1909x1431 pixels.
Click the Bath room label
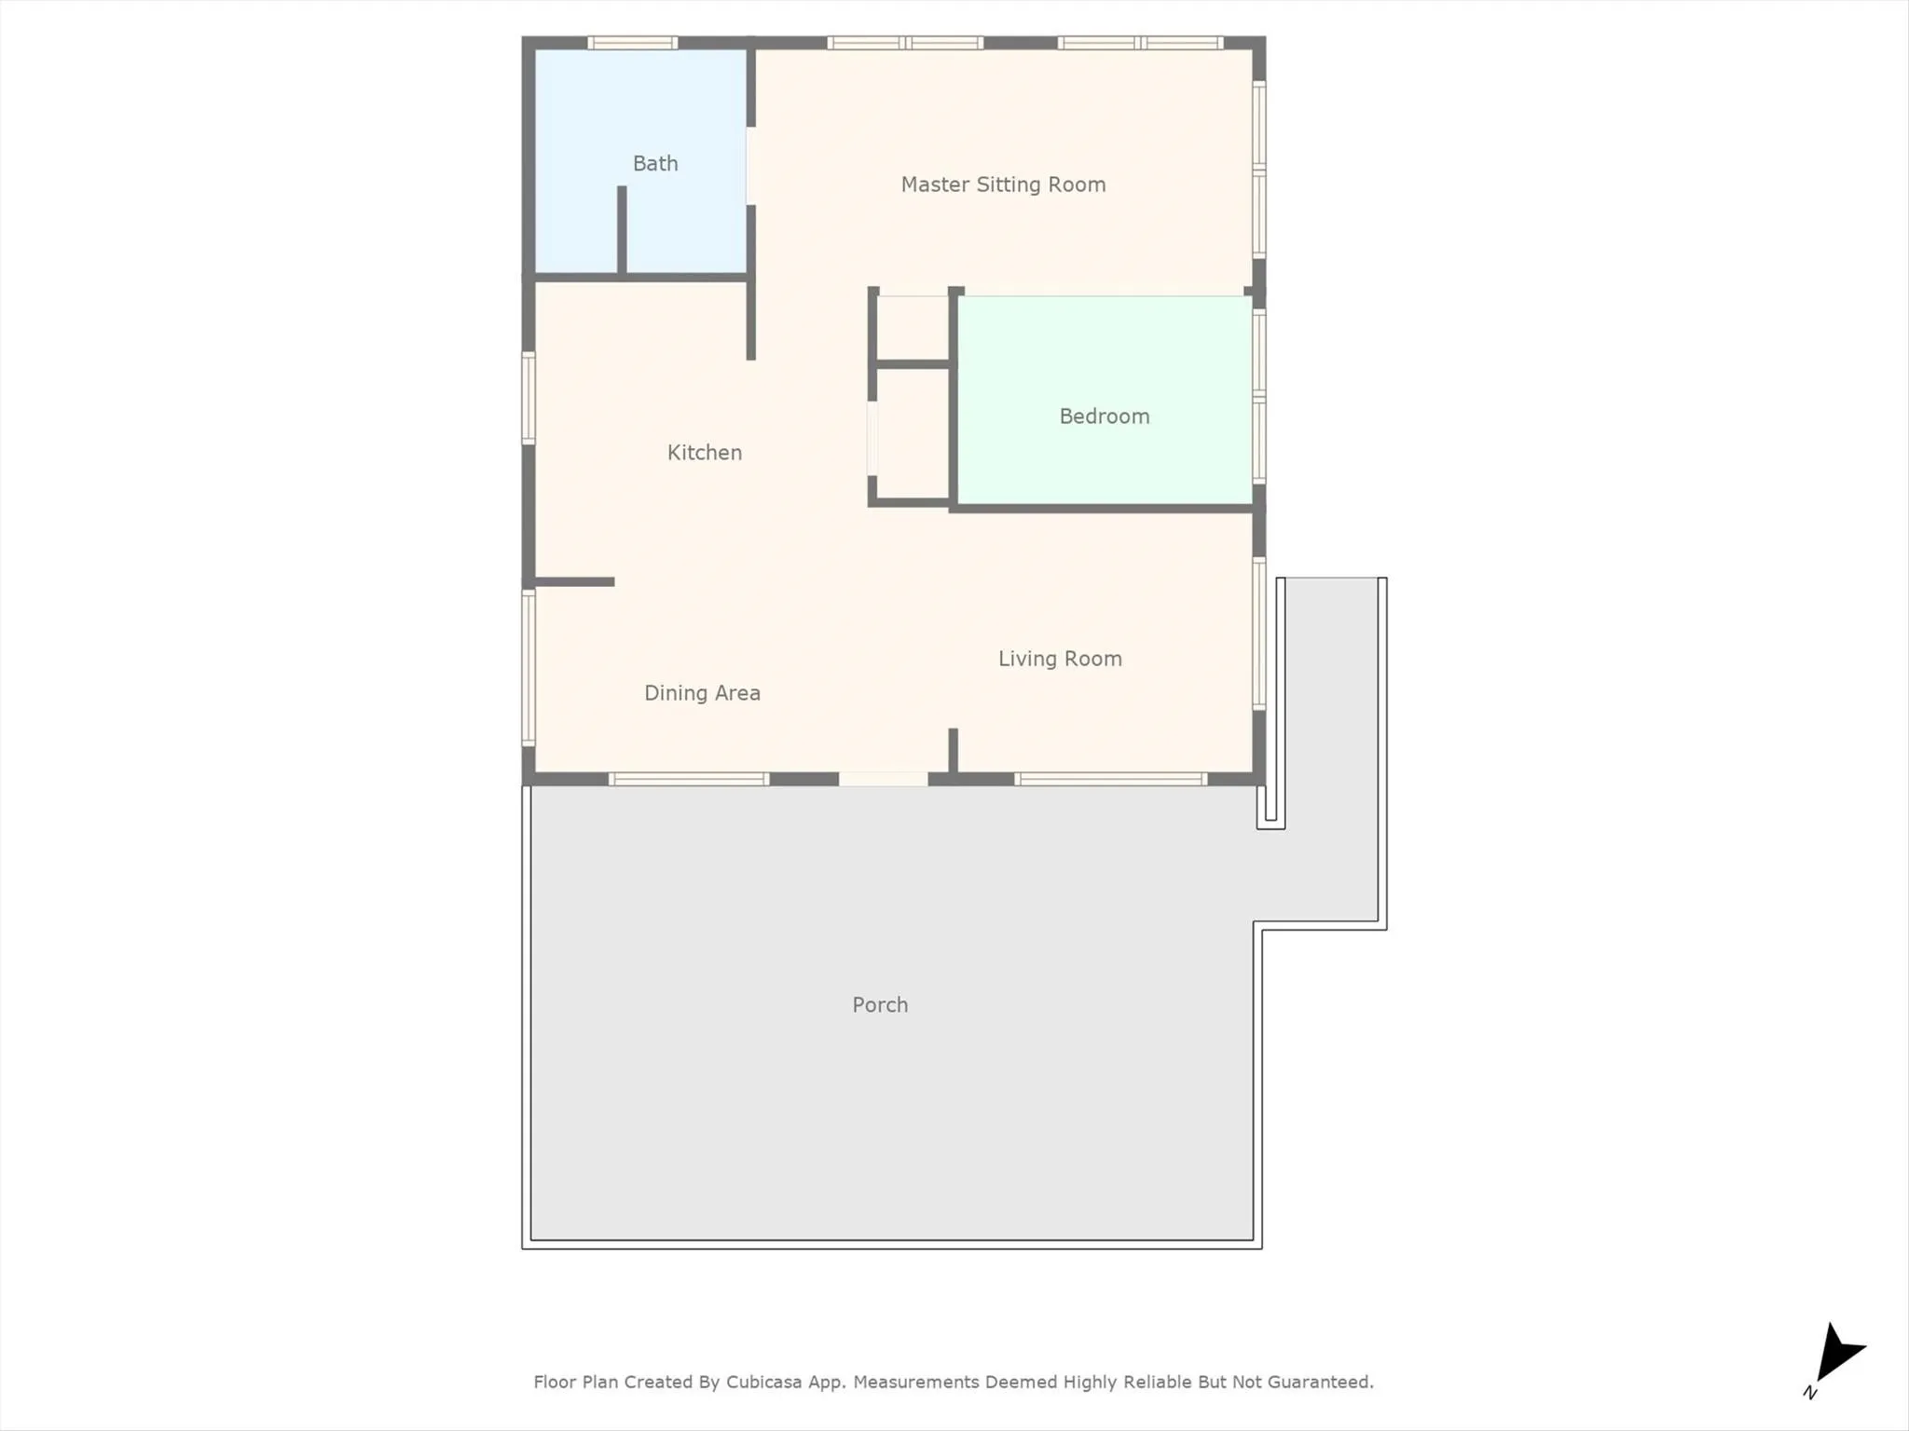[x=655, y=164]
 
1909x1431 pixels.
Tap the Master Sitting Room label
[x=1003, y=184]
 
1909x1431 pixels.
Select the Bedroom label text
[x=1105, y=416]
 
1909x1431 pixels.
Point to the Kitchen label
[x=705, y=453]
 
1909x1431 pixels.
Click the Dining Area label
[x=702, y=693]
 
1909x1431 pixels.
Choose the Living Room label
[x=1060, y=659]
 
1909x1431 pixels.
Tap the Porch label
[x=880, y=1004]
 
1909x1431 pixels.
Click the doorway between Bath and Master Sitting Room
[x=750, y=166]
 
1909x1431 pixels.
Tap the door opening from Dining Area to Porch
[x=883, y=779]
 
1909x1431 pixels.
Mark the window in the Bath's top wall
[x=632, y=43]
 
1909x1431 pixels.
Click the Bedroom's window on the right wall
[x=1258, y=397]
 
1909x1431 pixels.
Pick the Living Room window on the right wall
[x=1258, y=634]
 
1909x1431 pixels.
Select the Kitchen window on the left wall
[x=529, y=399]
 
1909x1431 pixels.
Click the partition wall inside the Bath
[x=622, y=230]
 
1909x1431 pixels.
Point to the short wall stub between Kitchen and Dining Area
[x=574, y=582]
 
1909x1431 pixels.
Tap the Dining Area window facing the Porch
[x=689, y=779]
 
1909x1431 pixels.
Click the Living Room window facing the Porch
[x=1111, y=779]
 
